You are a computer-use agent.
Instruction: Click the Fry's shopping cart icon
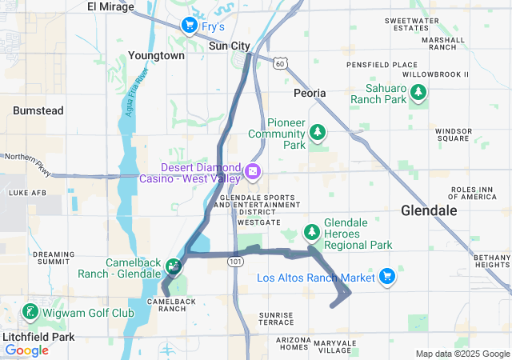click(x=190, y=26)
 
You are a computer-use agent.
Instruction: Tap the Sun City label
click(x=229, y=46)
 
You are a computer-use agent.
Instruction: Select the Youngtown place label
click(x=156, y=56)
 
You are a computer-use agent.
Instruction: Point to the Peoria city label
click(x=310, y=93)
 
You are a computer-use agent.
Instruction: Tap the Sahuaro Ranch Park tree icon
click(x=418, y=94)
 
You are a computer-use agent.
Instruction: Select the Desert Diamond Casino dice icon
click(x=252, y=172)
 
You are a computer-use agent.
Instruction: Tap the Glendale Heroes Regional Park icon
click(x=311, y=232)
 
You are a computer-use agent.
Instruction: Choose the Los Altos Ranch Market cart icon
click(x=387, y=276)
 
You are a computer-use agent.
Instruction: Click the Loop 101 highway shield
click(x=234, y=262)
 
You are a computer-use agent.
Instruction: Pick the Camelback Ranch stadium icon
click(x=173, y=266)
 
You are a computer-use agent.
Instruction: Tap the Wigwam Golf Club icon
click(x=30, y=311)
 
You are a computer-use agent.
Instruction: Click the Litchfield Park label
click(x=38, y=337)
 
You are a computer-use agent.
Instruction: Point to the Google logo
click(x=26, y=350)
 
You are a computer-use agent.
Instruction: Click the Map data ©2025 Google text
click(x=462, y=354)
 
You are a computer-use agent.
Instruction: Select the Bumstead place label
click(x=38, y=110)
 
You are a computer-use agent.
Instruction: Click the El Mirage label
click(x=109, y=6)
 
